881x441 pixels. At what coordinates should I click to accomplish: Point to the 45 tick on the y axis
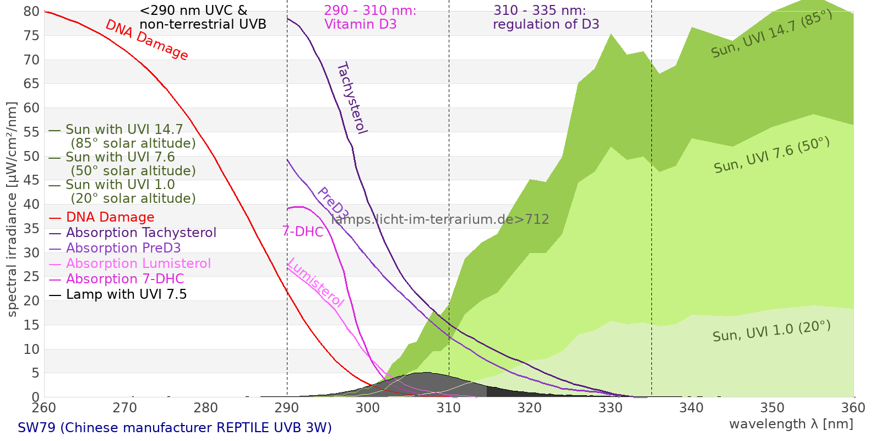coord(31,180)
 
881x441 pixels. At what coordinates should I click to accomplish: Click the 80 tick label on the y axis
coord(31,12)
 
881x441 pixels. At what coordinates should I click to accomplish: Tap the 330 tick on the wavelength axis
coord(611,408)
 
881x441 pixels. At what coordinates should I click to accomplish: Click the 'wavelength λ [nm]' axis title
coord(791,424)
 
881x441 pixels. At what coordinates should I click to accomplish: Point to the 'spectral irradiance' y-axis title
coord(12,209)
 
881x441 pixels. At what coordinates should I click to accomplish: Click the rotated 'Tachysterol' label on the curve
coord(351,98)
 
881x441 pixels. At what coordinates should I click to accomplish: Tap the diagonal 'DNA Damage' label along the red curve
coord(146,40)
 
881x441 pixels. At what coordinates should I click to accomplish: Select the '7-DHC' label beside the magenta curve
coord(303,232)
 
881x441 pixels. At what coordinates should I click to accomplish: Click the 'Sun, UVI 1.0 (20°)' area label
coord(771,331)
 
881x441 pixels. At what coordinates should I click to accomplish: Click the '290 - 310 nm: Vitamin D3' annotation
coord(369,18)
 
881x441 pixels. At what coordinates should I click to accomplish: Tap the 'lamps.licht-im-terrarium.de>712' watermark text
coord(440,219)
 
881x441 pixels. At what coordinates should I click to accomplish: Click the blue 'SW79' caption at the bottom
coord(175,428)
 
